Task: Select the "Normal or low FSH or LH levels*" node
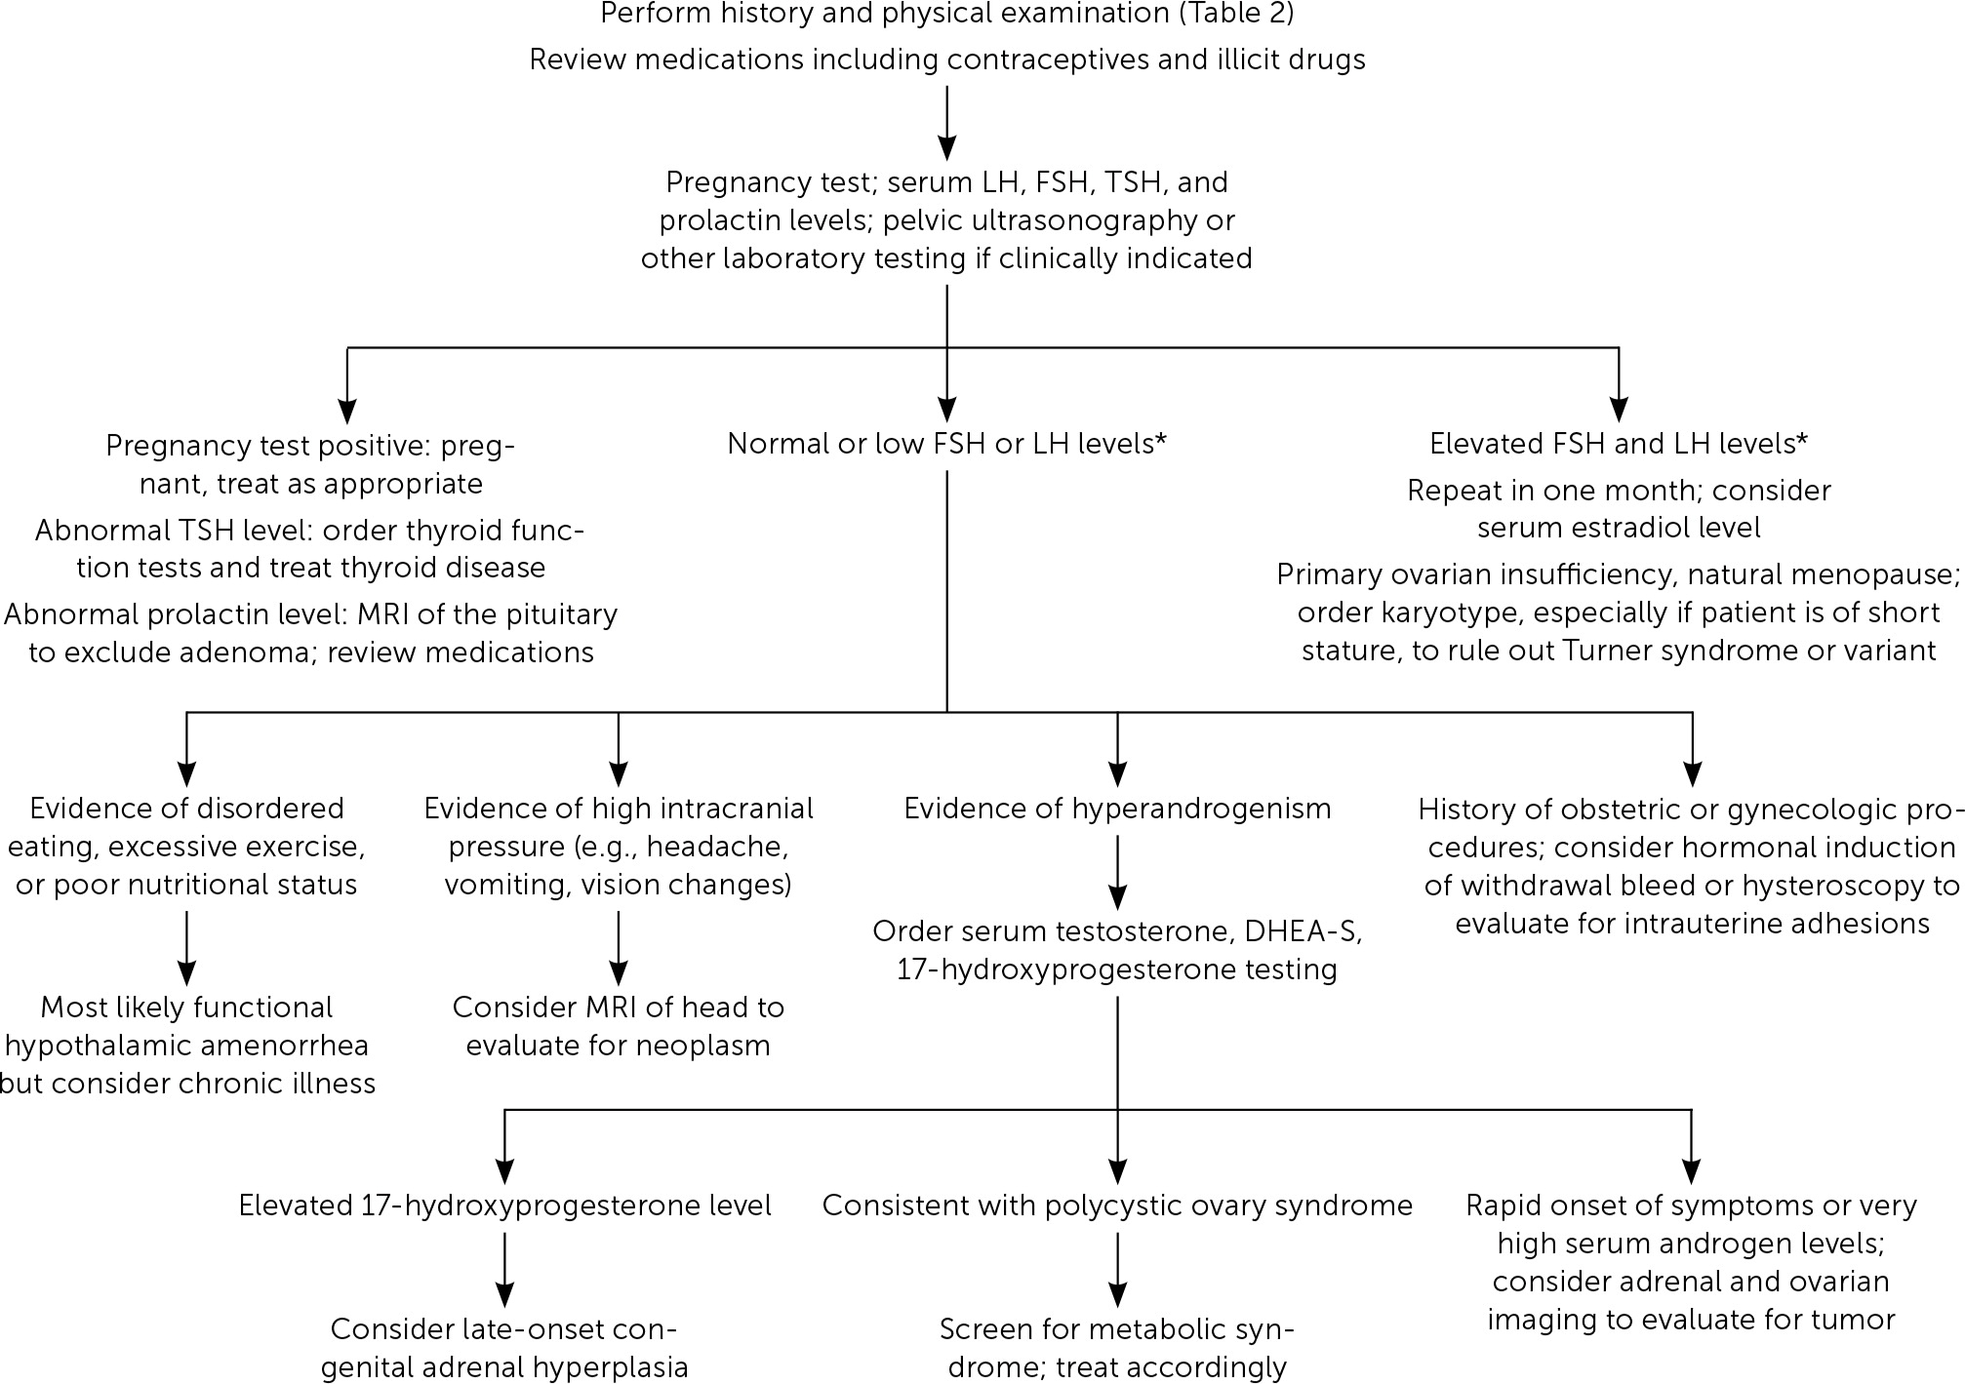pyautogui.click(x=947, y=444)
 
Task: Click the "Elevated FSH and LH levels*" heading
pyautogui.click(x=1619, y=444)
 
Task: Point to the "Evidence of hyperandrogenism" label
pyautogui.click(x=1117, y=809)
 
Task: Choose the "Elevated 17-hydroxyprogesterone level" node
pyautogui.click(x=505, y=1206)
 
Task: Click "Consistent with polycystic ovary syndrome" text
pyautogui.click(x=1117, y=1206)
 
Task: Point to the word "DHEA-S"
pyautogui.click(x=1303, y=931)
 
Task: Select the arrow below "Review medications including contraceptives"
pyautogui.click(x=946, y=122)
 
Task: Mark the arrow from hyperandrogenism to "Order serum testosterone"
pyautogui.click(x=1117, y=873)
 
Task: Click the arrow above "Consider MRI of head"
pyautogui.click(x=618, y=948)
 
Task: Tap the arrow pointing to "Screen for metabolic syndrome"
pyautogui.click(x=1117, y=1270)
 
